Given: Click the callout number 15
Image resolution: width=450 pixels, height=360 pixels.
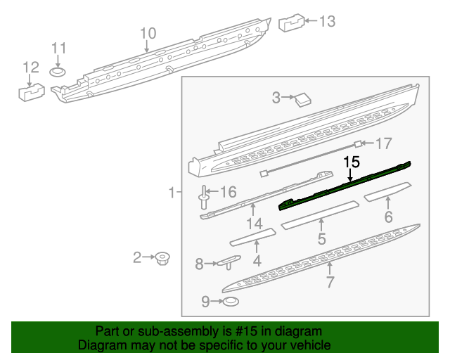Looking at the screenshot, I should click(352, 162).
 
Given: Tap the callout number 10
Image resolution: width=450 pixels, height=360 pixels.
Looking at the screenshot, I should click(147, 33).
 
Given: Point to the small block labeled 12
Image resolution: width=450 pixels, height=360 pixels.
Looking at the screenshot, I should click(30, 91).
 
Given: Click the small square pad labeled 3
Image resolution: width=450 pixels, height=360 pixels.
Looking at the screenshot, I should click(304, 98).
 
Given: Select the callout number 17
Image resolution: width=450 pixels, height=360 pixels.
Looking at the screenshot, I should click(382, 144).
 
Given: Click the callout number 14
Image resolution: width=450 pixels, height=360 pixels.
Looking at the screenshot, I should click(255, 224).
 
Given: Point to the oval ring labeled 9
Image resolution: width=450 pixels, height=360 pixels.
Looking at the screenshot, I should click(230, 302).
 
